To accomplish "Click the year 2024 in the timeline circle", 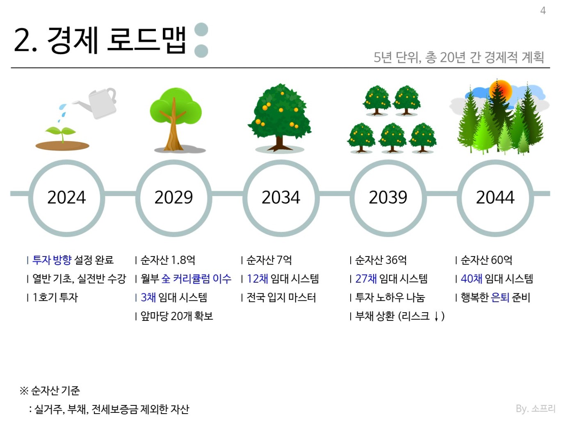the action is point(66,198).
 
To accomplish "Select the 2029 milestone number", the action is point(173,198).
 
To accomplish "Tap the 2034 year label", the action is point(280,198).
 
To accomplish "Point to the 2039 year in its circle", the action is point(388,198).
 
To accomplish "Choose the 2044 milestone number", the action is point(495,198).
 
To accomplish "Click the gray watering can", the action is point(98,102).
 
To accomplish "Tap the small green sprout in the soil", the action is point(61,133).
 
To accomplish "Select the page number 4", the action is point(543,11).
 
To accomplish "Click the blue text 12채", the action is point(258,279).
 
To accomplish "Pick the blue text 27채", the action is point(366,279).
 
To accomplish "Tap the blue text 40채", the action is point(472,279).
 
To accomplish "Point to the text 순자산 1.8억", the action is point(168,260).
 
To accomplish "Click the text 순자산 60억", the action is point(486,260).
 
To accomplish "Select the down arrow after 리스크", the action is point(436,316).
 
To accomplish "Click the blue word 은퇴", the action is point(500,297).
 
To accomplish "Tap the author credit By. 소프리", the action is point(536,408).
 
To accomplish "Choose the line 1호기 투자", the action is point(55,297).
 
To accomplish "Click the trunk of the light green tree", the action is point(174,128).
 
